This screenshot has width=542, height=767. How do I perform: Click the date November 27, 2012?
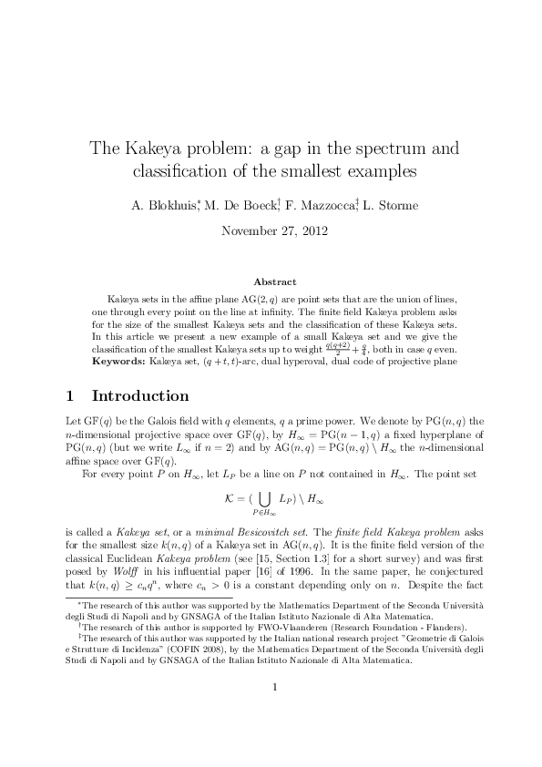[271, 230]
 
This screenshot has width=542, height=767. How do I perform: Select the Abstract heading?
[271, 282]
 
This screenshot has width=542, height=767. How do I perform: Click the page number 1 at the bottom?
[271, 713]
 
